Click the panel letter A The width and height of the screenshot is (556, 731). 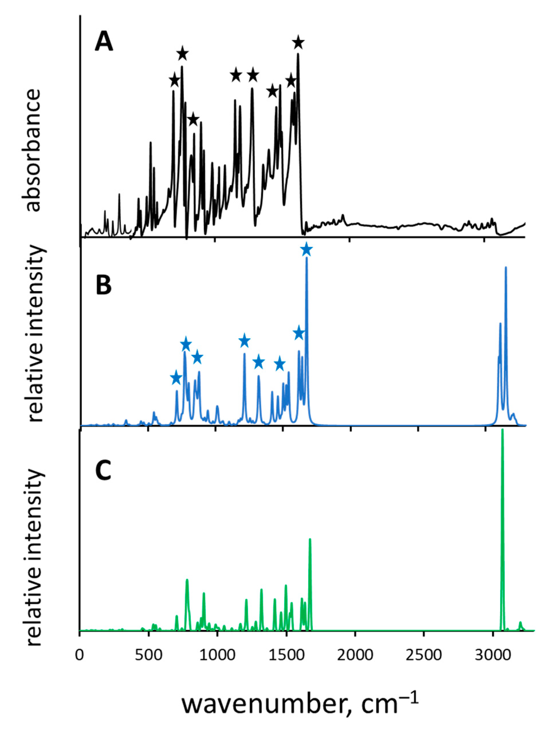[x=104, y=43]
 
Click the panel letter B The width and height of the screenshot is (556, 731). [x=104, y=285]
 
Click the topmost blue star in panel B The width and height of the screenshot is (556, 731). [x=307, y=249]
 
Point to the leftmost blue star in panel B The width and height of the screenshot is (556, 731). [x=176, y=378]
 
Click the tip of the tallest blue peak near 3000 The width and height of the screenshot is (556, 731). [x=506, y=267]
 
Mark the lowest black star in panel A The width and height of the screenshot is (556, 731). [x=193, y=119]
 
